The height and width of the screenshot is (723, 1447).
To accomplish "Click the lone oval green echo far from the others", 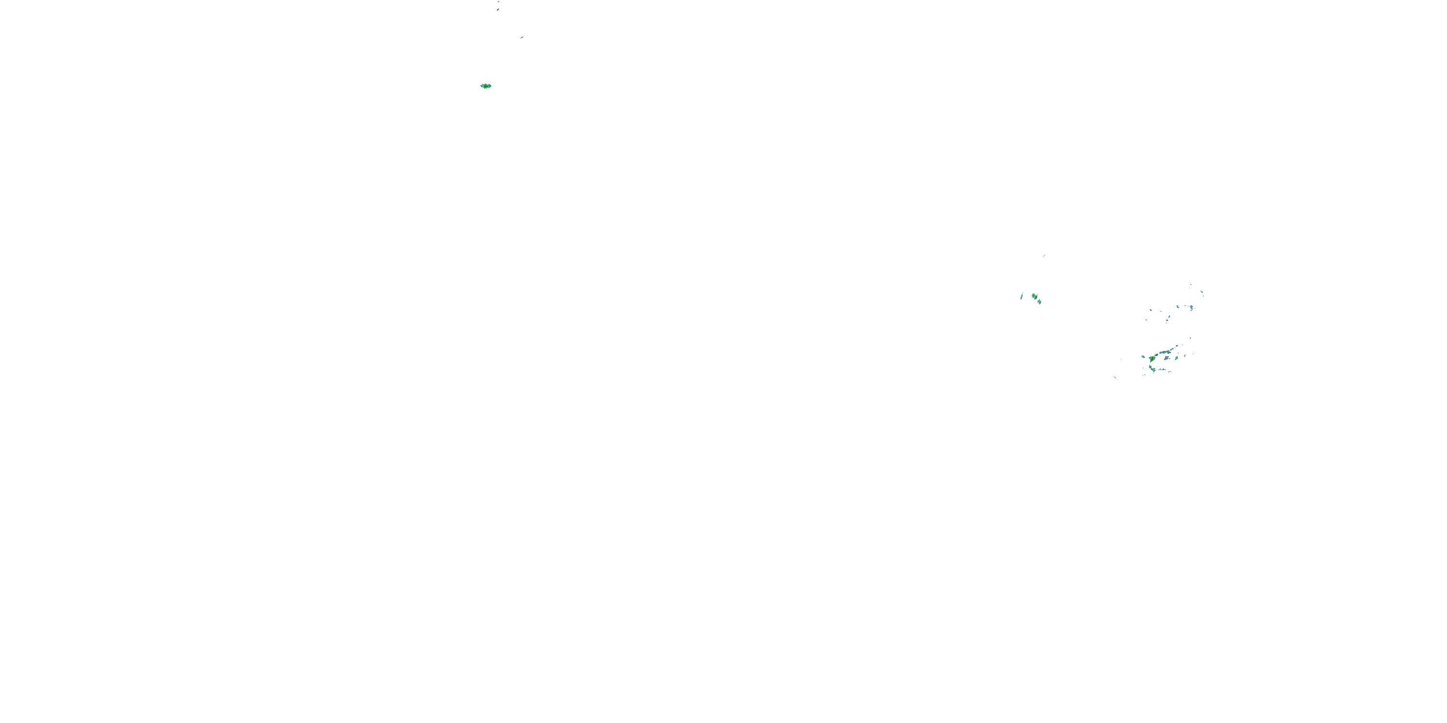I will [x=486, y=86].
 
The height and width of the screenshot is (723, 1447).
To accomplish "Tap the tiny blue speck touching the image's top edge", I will [x=498, y=1].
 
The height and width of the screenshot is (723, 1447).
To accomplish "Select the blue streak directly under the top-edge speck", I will [x=498, y=9].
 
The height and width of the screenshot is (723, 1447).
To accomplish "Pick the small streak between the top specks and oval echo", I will [x=522, y=38].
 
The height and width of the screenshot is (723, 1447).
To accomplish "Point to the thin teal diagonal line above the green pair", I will [x=1044, y=255].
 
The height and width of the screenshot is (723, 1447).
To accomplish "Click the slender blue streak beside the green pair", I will [x=1022, y=296].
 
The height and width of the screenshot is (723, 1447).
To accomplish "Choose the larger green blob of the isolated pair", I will [x=1035, y=296].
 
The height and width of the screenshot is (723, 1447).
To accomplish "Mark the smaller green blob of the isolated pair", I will [x=1040, y=302].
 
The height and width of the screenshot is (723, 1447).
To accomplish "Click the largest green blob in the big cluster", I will [x=1152, y=359].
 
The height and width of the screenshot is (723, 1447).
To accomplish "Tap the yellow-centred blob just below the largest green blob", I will [x=1150, y=368].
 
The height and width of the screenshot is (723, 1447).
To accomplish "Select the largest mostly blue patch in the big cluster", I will [x=1167, y=358].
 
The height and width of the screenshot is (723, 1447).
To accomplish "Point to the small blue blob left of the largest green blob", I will [x=1144, y=357].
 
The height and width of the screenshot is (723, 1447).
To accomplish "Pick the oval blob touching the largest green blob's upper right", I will [x=1157, y=355].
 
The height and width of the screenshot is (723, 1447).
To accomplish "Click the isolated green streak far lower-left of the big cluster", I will [x=1115, y=378].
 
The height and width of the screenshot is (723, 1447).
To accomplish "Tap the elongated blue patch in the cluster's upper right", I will [x=1191, y=308].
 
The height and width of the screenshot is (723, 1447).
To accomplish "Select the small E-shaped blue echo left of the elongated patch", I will [x=1178, y=307].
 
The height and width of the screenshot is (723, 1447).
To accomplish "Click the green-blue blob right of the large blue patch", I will [x=1176, y=358].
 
